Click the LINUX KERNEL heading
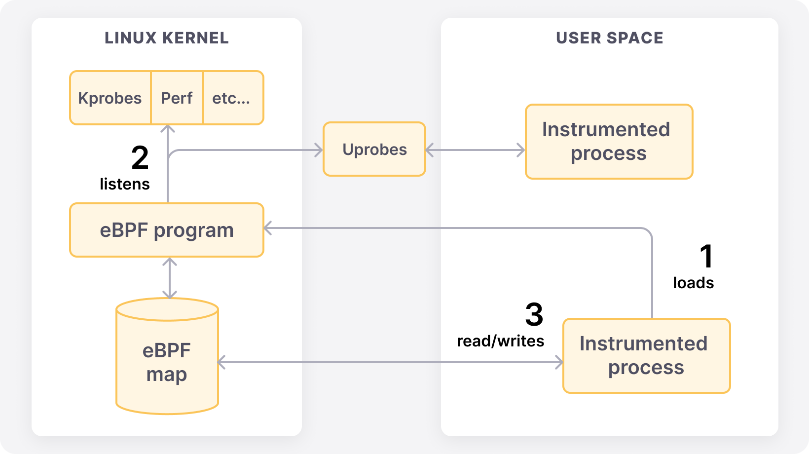167,38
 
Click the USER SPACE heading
609,38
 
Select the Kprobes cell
110,98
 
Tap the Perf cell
177,98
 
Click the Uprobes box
374,150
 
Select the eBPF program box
167,230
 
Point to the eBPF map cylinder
167,363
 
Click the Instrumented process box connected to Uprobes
609,142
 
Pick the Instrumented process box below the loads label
646,356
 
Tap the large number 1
706,256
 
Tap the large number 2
140,157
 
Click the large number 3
534,315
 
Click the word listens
124,184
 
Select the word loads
693,283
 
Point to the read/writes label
500,341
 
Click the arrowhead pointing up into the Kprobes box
168,129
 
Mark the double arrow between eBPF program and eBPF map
170,278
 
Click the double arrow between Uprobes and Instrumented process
475,150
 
